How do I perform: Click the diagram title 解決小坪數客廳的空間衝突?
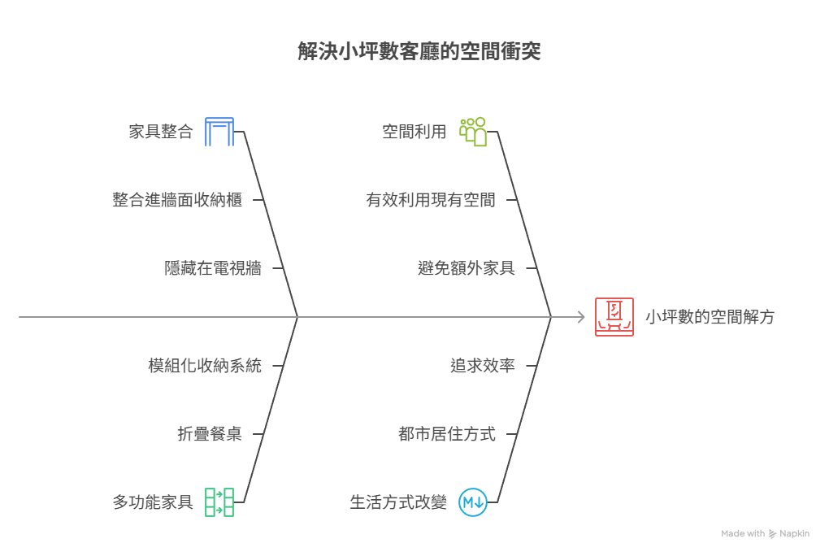tap(419, 52)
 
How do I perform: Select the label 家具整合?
tap(161, 132)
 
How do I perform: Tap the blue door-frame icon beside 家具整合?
tap(219, 132)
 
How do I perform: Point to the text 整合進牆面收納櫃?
tap(177, 200)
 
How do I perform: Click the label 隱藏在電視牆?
tap(213, 268)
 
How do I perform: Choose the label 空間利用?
tap(414, 132)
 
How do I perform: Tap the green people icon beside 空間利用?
tap(473, 132)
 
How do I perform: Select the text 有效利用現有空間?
tap(431, 200)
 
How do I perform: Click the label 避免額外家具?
tap(467, 268)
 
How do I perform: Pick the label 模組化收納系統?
tap(205, 366)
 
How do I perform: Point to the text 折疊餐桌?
tap(210, 434)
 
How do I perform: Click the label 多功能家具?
tap(153, 502)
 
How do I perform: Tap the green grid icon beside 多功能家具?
tap(219, 502)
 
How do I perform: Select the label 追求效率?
tap(483, 366)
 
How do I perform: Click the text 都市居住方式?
tap(447, 434)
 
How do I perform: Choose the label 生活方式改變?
tap(398, 502)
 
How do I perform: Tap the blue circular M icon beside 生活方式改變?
tap(472, 502)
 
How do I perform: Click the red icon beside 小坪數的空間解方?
tap(614, 317)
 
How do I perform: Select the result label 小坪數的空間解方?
tap(710, 317)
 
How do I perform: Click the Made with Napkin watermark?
tap(765, 534)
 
